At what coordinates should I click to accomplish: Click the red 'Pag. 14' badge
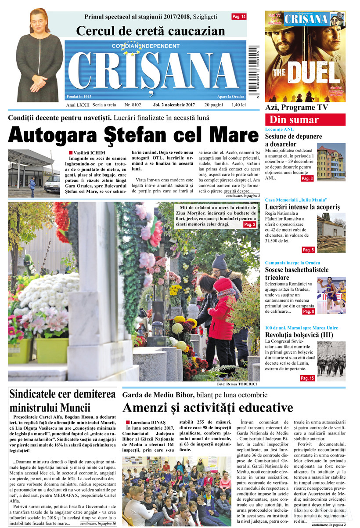click(239, 17)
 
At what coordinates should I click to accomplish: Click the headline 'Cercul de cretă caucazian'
click(151, 31)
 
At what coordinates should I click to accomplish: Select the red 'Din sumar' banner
click(305, 120)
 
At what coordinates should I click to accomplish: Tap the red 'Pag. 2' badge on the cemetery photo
click(249, 224)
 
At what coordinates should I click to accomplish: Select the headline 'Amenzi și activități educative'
click(208, 407)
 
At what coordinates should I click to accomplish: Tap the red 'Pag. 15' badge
click(307, 378)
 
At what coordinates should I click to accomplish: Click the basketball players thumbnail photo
click(331, 295)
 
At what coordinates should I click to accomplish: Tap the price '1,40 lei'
click(237, 105)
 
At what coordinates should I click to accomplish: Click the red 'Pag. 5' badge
click(308, 250)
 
